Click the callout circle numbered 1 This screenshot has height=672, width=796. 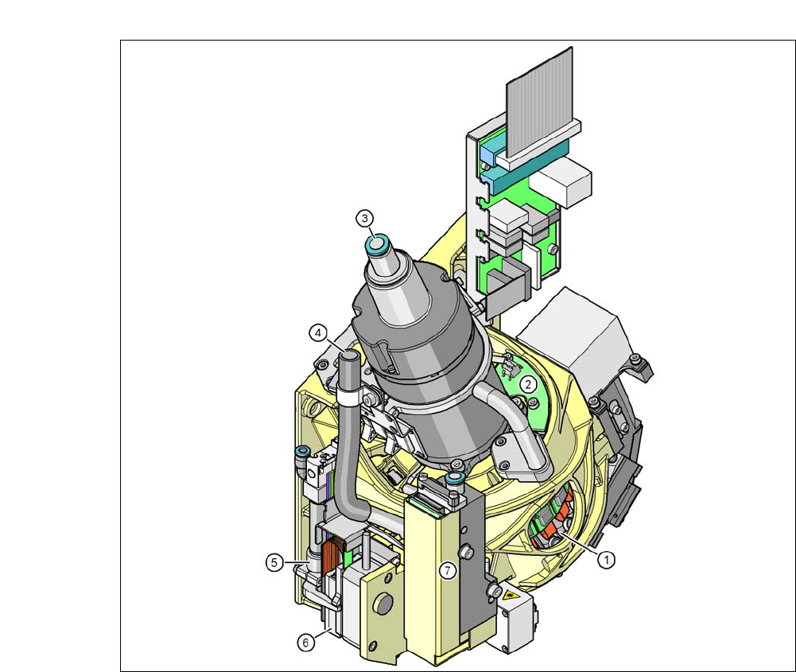[606, 560]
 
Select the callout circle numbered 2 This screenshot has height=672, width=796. [528, 384]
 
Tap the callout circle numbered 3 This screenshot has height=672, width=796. [364, 219]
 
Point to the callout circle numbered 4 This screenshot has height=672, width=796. [318, 333]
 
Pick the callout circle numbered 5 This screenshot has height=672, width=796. [274, 562]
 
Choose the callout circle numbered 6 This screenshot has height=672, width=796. [305, 643]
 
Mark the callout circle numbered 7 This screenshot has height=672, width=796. [447, 570]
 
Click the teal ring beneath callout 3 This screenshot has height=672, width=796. [377, 246]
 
